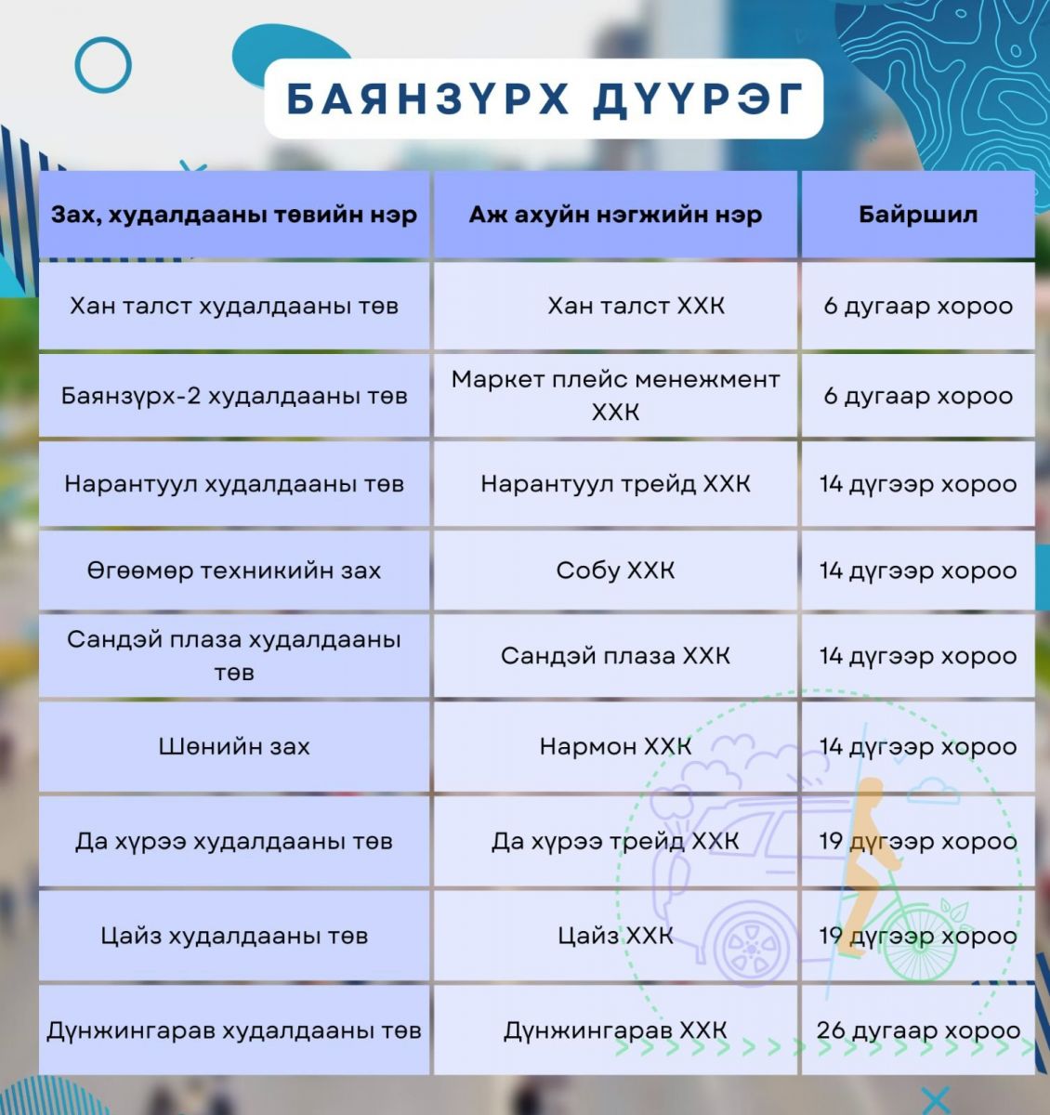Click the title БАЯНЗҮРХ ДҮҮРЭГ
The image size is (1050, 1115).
544,99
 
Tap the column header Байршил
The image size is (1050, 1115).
918,215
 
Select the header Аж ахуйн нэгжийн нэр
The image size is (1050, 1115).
615,215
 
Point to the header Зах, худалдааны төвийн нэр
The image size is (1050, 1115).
234,215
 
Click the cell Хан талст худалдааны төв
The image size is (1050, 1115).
234,306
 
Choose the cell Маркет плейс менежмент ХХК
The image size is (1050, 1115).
615,395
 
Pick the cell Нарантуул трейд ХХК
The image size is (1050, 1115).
615,483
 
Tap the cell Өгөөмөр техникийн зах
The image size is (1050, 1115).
234,571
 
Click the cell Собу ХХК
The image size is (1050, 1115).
615,571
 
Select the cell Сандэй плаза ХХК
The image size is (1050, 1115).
615,656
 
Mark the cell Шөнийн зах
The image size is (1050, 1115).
234,746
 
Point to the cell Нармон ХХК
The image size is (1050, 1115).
615,746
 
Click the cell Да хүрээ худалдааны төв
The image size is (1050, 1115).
234,841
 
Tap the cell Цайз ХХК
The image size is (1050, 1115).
615,936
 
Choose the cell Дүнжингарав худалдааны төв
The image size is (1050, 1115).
234,1030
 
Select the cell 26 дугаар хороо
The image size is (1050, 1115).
918,1030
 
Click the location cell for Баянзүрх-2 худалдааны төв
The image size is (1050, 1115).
918,397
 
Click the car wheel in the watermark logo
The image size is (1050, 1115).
752,948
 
